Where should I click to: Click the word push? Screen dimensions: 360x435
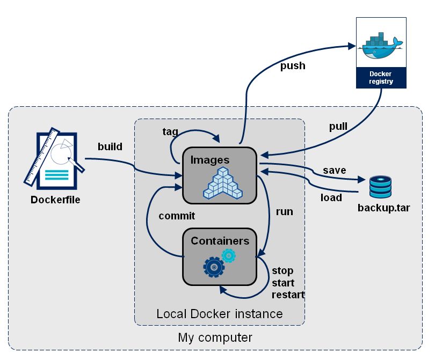pyautogui.click(x=292, y=66)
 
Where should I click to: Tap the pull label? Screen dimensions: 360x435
pyautogui.click(x=338, y=127)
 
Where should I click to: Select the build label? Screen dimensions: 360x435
pyautogui.click(x=110, y=146)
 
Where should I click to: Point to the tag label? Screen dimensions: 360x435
pyautogui.click(x=170, y=131)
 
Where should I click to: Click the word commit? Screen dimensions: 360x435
pyautogui.click(x=177, y=216)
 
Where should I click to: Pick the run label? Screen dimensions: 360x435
pyautogui.click(x=284, y=211)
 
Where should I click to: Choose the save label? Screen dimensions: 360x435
pyautogui.click(x=334, y=170)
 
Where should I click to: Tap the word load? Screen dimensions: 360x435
pyautogui.click(x=331, y=197)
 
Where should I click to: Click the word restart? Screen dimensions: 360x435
pyautogui.click(x=288, y=295)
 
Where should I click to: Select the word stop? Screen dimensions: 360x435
pyautogui.click(x=282, y=270)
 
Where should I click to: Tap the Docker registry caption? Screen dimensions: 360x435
pyautogui.click(x=381, y=78)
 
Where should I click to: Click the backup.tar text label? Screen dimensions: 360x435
pyautogui.click(x=383, y=207)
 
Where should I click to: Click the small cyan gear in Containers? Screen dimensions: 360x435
pyautogui.click(x=229, y=255)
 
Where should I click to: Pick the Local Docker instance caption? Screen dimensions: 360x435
pyautogui.click(x=219, y=313)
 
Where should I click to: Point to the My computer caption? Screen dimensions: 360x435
pyautogui.click(x=215, y=338)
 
